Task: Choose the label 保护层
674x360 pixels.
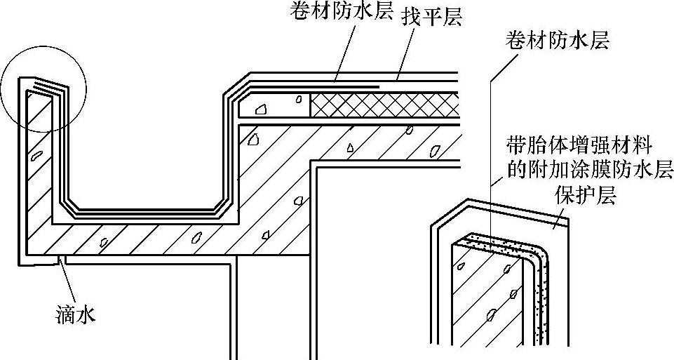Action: pos(586,196)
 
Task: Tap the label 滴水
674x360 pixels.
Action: pos(74,315)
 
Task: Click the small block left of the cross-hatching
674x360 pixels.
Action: pos(276,106)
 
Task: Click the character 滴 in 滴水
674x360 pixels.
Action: pos(64,315)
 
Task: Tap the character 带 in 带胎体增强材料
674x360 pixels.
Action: pos(515,147)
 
